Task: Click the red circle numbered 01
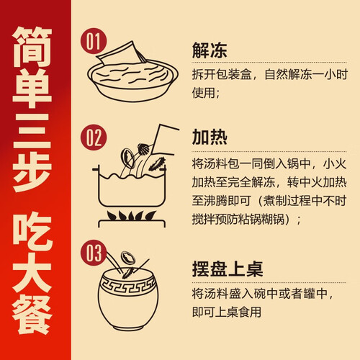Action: (x=94, y=41)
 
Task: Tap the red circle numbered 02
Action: (x=94, y=138)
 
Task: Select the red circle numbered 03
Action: (x=94, y=253)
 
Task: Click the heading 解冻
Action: (x=210, y=50)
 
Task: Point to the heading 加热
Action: (x=210, y=137)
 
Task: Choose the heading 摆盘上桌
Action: (x=228, y=269)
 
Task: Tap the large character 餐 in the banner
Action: (x=32, y=315)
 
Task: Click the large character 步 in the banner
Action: (x=32, y=171)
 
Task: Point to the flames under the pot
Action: (x=131, y=216)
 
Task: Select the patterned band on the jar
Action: (x=128, y=285)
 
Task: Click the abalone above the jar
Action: (x=128, y=258)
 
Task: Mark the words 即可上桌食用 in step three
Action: (x=227, y=312)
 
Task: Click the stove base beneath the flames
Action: (x=132, y=224)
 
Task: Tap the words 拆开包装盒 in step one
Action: (x=222, y=74)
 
